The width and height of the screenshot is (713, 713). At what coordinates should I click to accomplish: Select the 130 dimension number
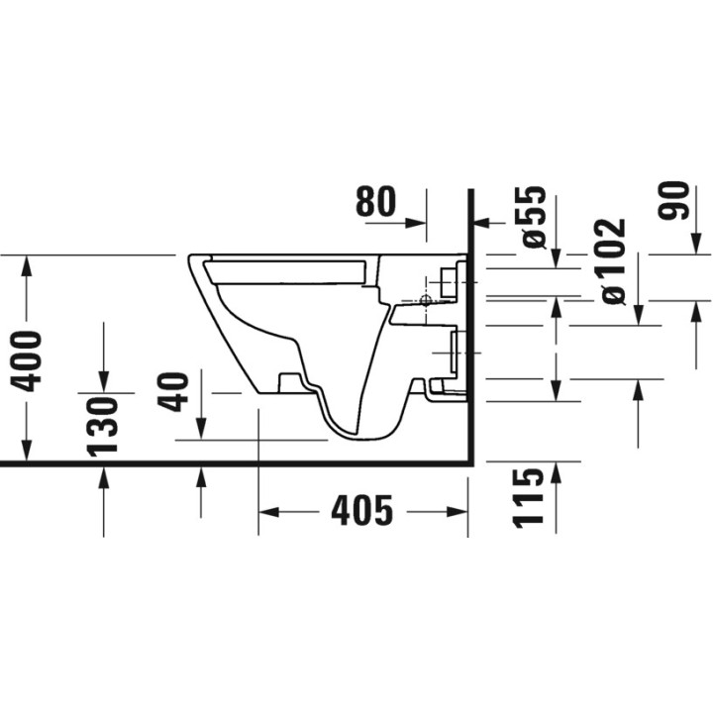(103, 424)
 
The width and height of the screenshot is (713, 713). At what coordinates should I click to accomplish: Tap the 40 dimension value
(177, 390)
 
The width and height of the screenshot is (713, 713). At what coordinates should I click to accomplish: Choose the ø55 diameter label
(534, 215)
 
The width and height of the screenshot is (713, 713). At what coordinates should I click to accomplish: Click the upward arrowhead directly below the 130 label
(103, 476)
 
